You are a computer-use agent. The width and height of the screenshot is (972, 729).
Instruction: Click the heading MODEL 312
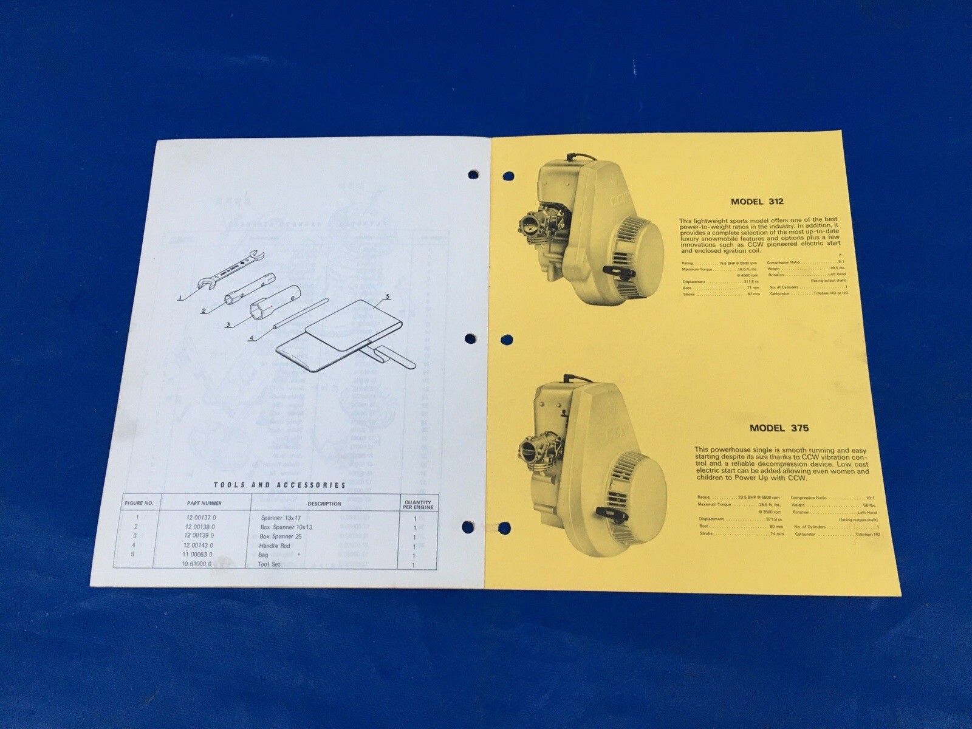(x=757, y=202)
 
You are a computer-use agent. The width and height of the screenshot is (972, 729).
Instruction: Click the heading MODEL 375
(x=779, y=428)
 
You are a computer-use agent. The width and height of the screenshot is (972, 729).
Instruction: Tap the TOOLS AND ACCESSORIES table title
(x=279, y=485)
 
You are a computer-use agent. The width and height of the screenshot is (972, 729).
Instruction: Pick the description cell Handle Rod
(x=275, y=546)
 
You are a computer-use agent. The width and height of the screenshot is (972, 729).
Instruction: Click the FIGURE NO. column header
(x=140, y=503)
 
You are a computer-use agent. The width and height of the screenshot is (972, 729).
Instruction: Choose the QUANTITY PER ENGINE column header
(x=418, y=504)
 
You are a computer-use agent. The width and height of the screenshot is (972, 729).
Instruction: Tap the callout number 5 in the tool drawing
(x=386, y=297)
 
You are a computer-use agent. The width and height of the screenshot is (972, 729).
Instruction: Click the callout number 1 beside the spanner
(x=180, y=298)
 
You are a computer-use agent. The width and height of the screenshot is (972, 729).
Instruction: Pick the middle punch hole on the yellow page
(x=505, y=339)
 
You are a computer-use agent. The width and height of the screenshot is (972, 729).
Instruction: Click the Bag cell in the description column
(x=263, y=555)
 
